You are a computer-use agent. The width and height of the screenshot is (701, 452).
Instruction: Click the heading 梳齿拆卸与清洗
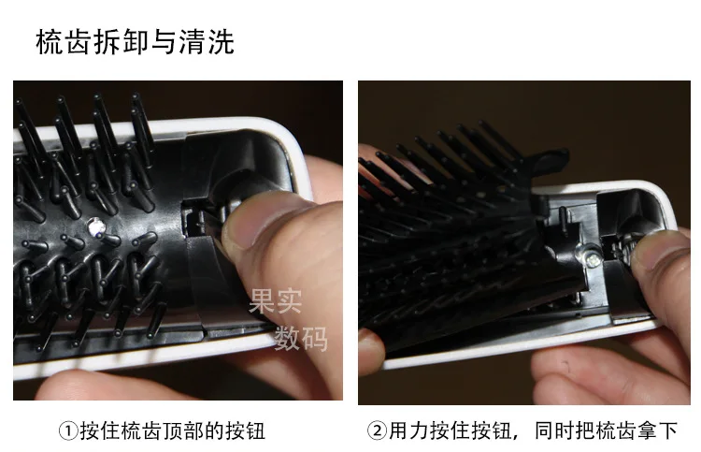point(135,42)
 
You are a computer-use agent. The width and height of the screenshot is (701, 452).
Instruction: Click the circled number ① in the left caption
point(68,431)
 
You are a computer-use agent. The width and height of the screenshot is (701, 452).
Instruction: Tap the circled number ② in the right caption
point(377,431)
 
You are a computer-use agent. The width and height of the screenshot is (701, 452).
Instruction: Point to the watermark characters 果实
point(276,300)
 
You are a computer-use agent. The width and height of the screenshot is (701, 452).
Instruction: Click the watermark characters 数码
point(301,338)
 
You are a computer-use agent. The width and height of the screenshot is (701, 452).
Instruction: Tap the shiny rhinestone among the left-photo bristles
point(96,226)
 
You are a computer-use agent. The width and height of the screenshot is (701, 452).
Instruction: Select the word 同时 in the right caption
point(554,431)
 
